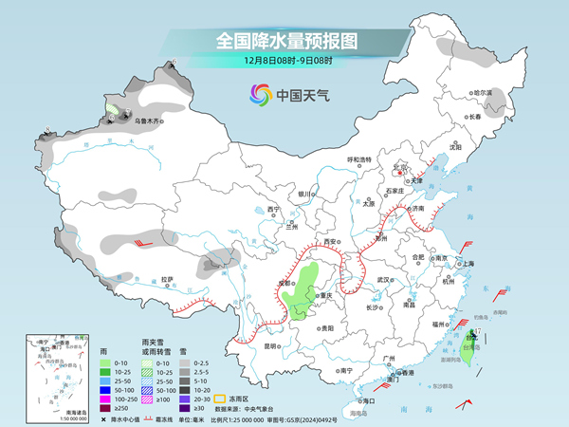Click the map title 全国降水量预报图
(284, 41)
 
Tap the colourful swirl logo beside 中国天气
(260, 94)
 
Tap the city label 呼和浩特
(360, 159)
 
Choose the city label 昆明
(271, 345)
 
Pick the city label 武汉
(383, 280)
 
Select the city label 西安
(330, 242)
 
